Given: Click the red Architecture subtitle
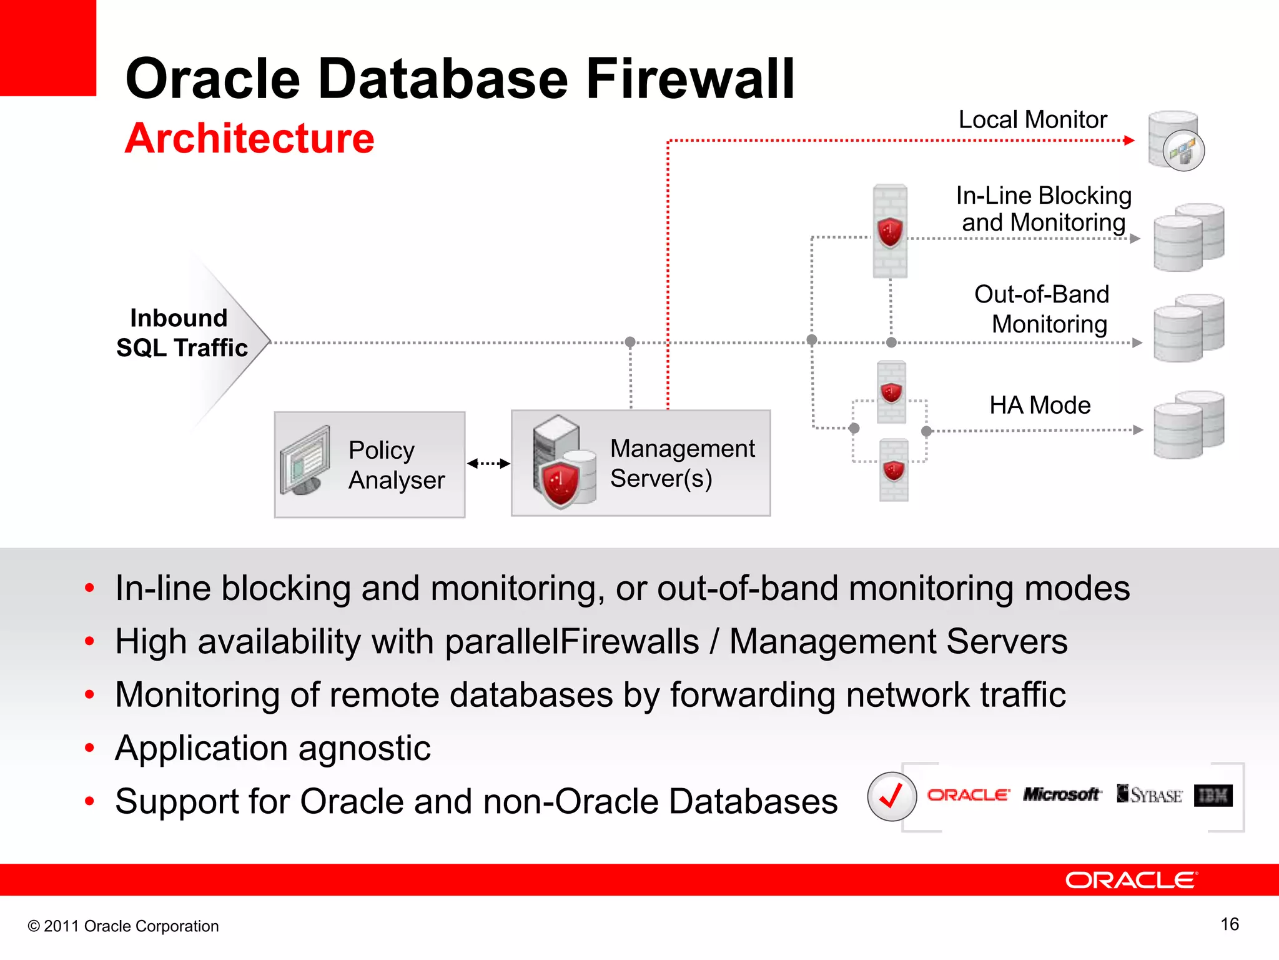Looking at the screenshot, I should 249,138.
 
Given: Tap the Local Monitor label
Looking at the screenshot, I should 1032,119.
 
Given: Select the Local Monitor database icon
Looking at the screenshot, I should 1175,141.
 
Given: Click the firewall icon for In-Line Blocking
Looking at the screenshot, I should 890,231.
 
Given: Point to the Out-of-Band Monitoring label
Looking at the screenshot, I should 1042,309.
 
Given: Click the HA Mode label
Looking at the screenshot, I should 1040,405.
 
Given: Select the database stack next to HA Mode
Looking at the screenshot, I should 1188,424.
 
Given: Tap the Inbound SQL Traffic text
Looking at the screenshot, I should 181,333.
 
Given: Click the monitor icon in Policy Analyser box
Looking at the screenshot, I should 305,461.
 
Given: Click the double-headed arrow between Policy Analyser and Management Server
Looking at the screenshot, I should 488,463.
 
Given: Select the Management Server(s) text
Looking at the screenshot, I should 682,463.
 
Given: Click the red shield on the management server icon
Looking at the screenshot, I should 560,482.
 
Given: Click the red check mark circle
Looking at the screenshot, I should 891,796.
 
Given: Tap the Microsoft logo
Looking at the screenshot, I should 1061,794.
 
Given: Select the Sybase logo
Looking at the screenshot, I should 1149,795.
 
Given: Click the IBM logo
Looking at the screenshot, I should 1213,796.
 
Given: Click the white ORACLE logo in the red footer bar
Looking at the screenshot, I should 1131,880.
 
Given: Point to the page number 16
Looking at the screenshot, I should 1229,924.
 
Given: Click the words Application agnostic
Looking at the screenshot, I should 273,748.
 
